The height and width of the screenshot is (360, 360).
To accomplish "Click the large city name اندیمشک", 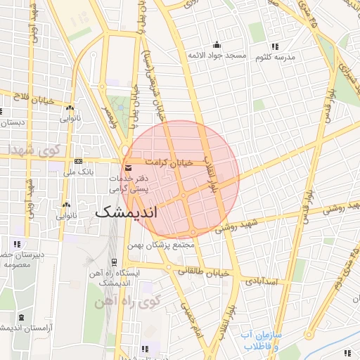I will click(x=136, y=212).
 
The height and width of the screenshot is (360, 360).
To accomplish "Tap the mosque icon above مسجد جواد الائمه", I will click(x=217, y=45).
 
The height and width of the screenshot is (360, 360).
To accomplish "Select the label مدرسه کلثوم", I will click(x=276, y=56).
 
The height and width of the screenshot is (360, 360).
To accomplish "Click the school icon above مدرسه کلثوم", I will click(x=274, y=46).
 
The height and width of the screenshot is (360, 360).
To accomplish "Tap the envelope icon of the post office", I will click(x=127, y=168).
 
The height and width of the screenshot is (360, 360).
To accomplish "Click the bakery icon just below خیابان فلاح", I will click(x=70, y=109).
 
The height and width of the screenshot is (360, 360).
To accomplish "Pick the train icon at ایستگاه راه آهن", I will click(x=115, y=262).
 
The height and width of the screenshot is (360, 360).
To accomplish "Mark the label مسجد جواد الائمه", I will click(x=217, y=55).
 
